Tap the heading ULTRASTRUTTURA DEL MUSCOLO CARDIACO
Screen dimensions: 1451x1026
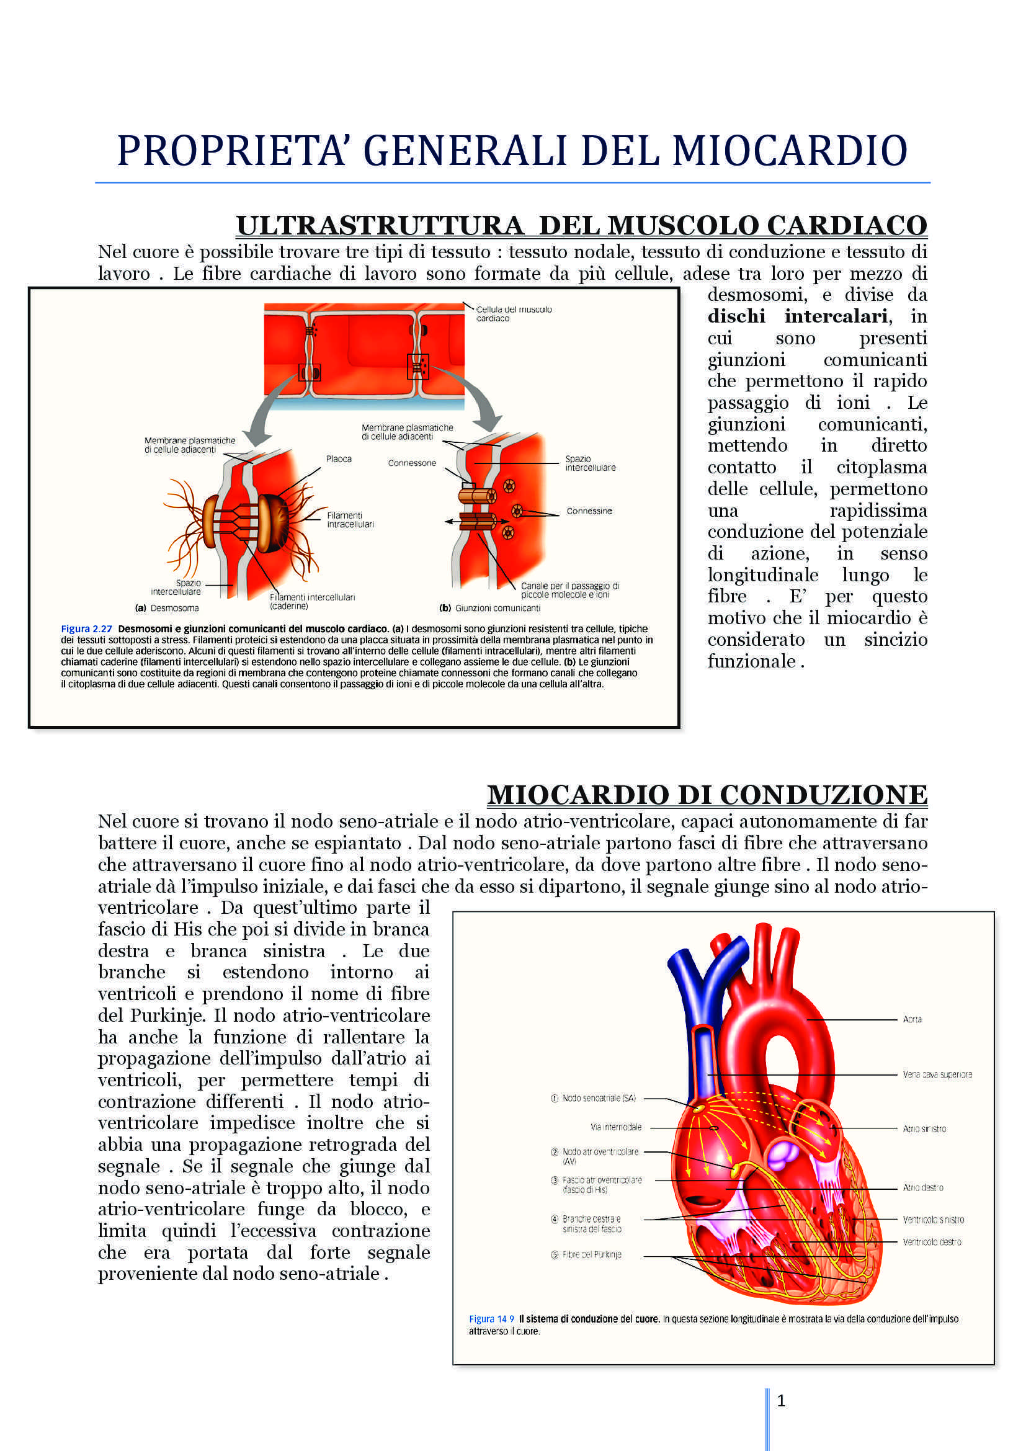pyautogui.click(x=581, y=226)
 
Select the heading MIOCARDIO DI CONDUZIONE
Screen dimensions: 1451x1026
pyautogui.click(x=707, y=795)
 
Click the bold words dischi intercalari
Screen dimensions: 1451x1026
pyautogui.click(x=799, y=316)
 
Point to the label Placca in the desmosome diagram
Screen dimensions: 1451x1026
pyautogui.click(x=339, y=459)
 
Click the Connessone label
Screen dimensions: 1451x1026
pyautogui.click(x=412, y=463)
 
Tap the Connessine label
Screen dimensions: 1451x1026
pyautogui.click(x=589, y=511)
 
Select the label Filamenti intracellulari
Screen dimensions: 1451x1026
pyautogui.click(x=350, y=519)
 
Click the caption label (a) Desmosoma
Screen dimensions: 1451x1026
pyautogui.click(x=167, y=608)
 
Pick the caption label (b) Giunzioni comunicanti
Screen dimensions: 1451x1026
pyautogui.click(x=489, y=608)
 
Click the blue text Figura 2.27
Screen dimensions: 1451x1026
pyautogui.click(x=86, y=629)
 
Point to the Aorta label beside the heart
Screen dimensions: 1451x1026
pyautogui.click(x=912, y=1019)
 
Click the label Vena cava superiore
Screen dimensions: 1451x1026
pyautogui.click(x=937, y=1074)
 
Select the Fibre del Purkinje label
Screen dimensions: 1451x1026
pyautogui.click(x=591, y=1254)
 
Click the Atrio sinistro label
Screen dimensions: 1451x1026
pyautogui.click(x=924, y=1128)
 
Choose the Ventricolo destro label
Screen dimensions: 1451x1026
pyautogui.click(x=931, y=1242)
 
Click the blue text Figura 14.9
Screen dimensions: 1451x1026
pyautogui.click(x=491, y=1319)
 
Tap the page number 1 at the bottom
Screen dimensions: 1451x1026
pyautogui.click(x=781, y=1401)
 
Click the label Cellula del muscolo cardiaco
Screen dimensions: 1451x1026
pyautogui.click(x=514, y=313)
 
